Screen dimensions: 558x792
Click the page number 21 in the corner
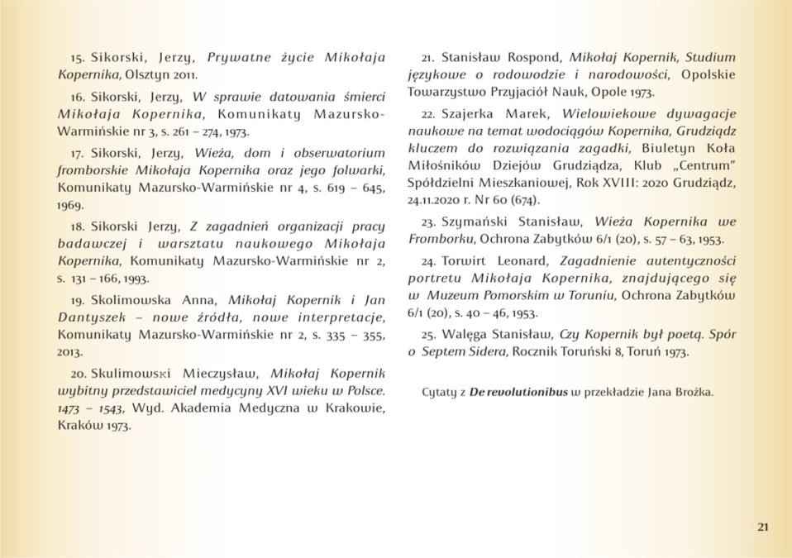(x=762, y=527)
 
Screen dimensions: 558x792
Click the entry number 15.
(x=78, y=59)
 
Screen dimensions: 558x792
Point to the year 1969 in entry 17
(x=73, y=203)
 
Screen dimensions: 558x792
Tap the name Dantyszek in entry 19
(x=91, y=317)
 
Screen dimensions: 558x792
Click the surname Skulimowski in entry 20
(x=137, y=374)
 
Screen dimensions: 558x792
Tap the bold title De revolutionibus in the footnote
(x=518, y=391)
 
